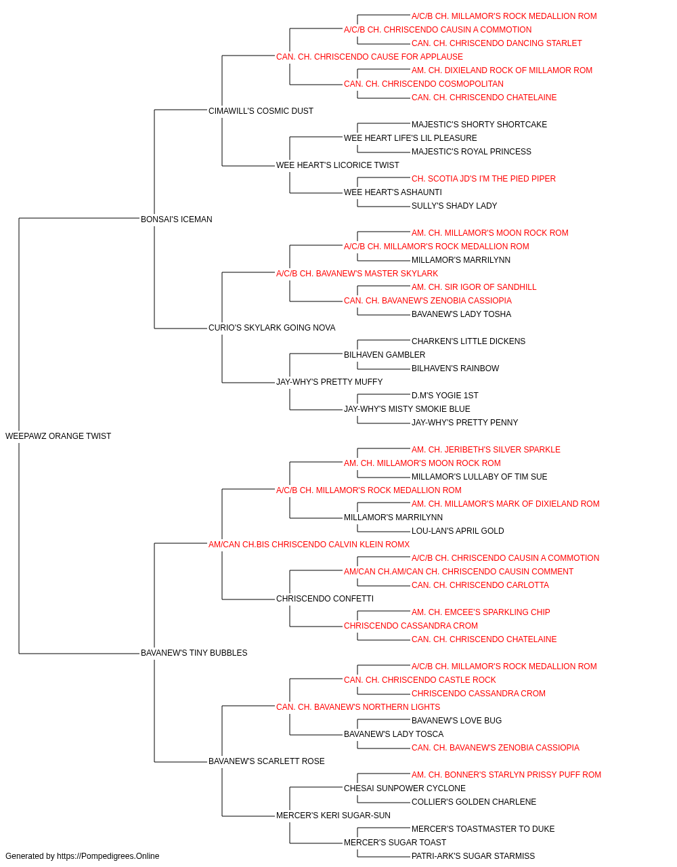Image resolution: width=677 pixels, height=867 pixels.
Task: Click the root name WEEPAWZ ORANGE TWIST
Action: (x=58, y=436)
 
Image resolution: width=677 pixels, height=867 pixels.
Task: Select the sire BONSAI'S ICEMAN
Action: (x=176, y=219)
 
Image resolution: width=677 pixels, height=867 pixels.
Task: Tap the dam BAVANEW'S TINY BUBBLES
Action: (x=194, y=653)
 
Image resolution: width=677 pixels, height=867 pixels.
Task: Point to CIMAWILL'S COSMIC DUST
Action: (x=261, y=111)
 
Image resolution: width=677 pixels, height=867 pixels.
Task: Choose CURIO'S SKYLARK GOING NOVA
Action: (x=272, y=328)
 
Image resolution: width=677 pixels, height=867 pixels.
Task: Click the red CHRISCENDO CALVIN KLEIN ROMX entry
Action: (x=309, y=545)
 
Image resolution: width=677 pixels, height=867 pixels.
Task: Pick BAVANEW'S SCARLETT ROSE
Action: (x=266, y=761)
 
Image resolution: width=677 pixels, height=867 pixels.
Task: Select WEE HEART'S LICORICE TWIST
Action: (x=338, y=165)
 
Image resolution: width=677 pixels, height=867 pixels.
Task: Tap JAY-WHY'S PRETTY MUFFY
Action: (x=329, y=382)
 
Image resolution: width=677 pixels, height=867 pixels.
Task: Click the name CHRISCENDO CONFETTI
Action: (x=325, y=599)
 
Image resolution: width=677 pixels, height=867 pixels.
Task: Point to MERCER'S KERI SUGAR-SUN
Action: (x=333, y=816)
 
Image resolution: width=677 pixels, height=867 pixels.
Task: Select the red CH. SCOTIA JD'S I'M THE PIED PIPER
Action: (x=483, y=179)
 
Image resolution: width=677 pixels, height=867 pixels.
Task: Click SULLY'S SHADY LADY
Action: (x=454, y=206)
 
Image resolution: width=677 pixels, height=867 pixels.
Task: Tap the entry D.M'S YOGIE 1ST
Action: (x=445, y=396)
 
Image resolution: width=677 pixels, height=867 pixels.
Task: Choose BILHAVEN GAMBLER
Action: (x=385, y=355)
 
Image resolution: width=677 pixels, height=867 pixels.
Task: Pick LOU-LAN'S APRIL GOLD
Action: (x=458, y=531)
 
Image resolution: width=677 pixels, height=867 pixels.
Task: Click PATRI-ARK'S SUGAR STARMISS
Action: (x=473, y=856)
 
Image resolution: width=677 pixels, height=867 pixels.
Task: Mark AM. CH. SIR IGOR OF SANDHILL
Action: (x=474, y=287)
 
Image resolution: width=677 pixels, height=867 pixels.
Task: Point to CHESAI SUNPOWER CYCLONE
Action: (x=405, y=788)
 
